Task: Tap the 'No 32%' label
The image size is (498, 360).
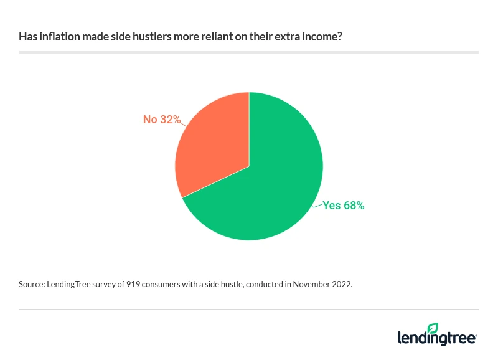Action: [161, 119]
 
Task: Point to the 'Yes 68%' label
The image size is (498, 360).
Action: [343, 205]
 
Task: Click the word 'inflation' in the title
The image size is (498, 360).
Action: [57, 37]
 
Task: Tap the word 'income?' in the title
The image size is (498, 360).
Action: [322, 37]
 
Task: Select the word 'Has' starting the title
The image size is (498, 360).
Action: [27, 37]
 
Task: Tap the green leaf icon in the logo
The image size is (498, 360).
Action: [433, 328]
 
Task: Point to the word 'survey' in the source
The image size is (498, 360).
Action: [110, 284]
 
